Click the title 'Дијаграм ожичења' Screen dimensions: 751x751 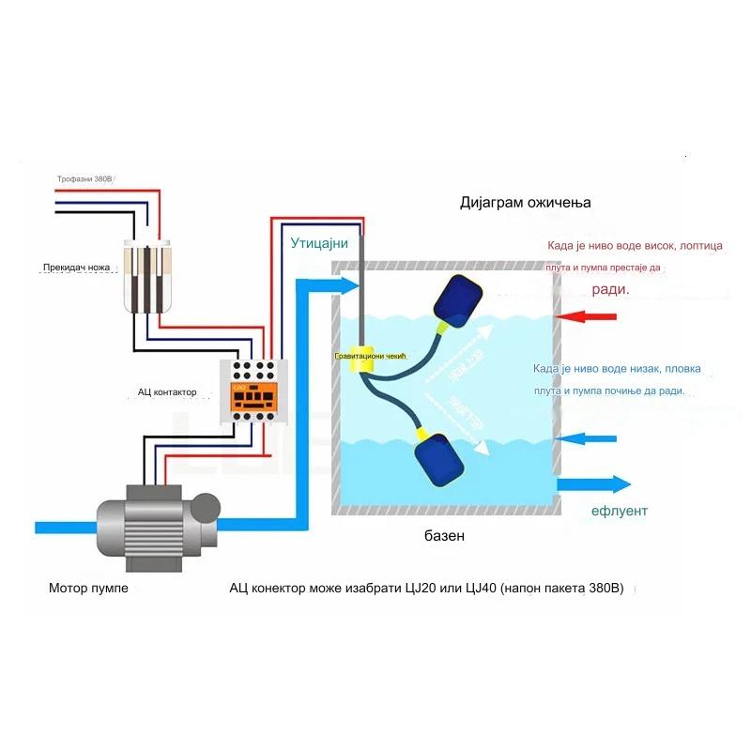coord(526,203)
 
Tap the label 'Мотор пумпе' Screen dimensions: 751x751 coord(88,590)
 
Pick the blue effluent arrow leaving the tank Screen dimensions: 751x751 coord(593,484)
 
